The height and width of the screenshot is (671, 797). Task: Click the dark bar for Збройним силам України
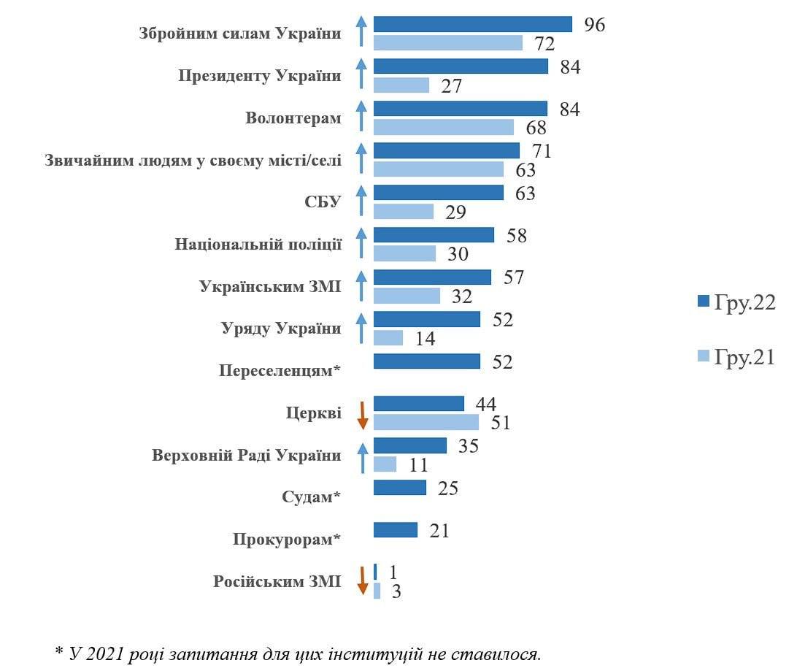(472, 24)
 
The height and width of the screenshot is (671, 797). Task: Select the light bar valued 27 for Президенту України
(401, 85)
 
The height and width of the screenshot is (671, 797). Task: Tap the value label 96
(595, 25)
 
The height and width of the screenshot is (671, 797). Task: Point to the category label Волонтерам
(293, 118)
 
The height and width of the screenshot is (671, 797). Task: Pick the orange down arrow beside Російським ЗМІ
(361, 581)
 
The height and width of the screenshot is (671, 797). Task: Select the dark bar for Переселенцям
(426, 361)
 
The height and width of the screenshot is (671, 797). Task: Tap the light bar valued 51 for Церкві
(426, 422)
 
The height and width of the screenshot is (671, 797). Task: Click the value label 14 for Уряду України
(426, 338)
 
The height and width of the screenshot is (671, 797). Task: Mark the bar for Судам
(399, 487)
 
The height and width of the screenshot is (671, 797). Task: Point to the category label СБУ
(323, 202)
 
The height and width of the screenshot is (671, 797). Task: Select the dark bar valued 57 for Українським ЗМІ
(432, 277)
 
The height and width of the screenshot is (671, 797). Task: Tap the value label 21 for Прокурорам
(439, 531)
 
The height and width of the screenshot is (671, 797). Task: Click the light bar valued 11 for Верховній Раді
(385, 464)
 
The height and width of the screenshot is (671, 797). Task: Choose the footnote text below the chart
(299, 653)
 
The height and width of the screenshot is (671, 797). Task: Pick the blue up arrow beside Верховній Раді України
(361, 455)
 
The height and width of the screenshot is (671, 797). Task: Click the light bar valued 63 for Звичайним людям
(438, 169)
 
